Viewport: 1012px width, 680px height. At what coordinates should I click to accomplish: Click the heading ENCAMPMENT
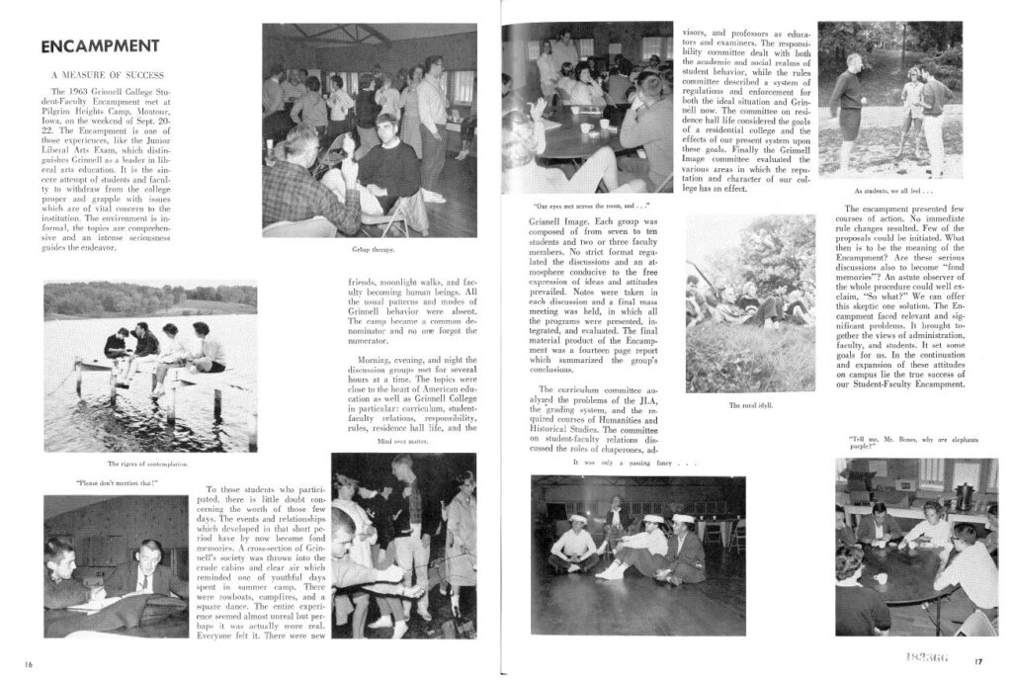coord(100,45)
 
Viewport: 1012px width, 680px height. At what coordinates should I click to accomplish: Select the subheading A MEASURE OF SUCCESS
coord(107,75)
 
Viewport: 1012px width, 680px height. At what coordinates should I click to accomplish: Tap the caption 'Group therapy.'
coord(368,249)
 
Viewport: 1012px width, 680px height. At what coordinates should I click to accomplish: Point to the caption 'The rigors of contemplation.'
coord(146,464)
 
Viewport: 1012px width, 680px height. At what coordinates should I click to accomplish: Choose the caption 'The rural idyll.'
coord(750,405)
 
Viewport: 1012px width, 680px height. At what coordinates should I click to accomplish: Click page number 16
coord(30,663)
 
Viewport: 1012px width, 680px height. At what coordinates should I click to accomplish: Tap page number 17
coord(977,661)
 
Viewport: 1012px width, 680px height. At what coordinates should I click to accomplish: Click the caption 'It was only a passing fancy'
coord(634,462)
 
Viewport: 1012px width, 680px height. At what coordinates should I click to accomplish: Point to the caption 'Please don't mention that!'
coord(117,483)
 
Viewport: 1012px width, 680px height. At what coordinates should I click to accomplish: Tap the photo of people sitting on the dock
coord(150,367)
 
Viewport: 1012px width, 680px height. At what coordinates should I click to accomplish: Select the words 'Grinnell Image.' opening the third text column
coord(553,223)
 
